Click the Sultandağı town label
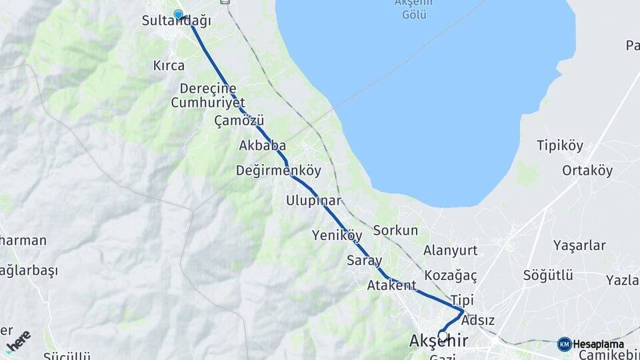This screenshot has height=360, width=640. pyautogui.click(x=177, y=21)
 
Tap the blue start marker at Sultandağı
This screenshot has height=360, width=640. pyautogui.click(x=178, y=14)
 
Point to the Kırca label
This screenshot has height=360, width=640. pyautogui.click(x=168, y=65)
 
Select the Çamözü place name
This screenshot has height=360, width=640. pyautogui.click(x=239, y=121)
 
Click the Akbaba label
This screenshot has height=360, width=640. pyautogui.click(x=263, y=145)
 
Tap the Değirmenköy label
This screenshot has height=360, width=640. pyautogui.click(x=278, y=171)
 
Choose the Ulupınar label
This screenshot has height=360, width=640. pyautogui.click(x=313, y=200)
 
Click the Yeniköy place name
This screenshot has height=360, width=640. pyautogui.click(x=337, y=235)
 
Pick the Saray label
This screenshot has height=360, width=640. pyautogui.click(x=365, y=261)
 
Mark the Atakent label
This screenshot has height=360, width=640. pyautogui.click(x=391, y=285)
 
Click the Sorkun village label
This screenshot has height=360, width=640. pyautogui.click(x=395, y=231)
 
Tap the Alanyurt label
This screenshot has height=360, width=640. pyautogui.click(x=451, y=250)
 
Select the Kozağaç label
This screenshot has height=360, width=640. pyautogui.click(x=451, y=275)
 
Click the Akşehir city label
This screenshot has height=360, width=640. pyautogui.click(x=438, y=341)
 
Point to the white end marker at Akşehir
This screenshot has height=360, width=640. pyautogui.click(x=443, y=335)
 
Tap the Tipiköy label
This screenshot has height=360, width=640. pyautogui.click(x=560, y=145)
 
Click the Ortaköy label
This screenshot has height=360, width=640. pyautogui.click(x=587, y=170)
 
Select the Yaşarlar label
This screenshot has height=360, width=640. pyautogui.click(x=579, y=245)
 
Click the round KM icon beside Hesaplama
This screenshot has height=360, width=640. pyautogui.click(x=564, y=344)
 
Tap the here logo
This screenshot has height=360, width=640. pyautogui.click(x=18, y=341)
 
